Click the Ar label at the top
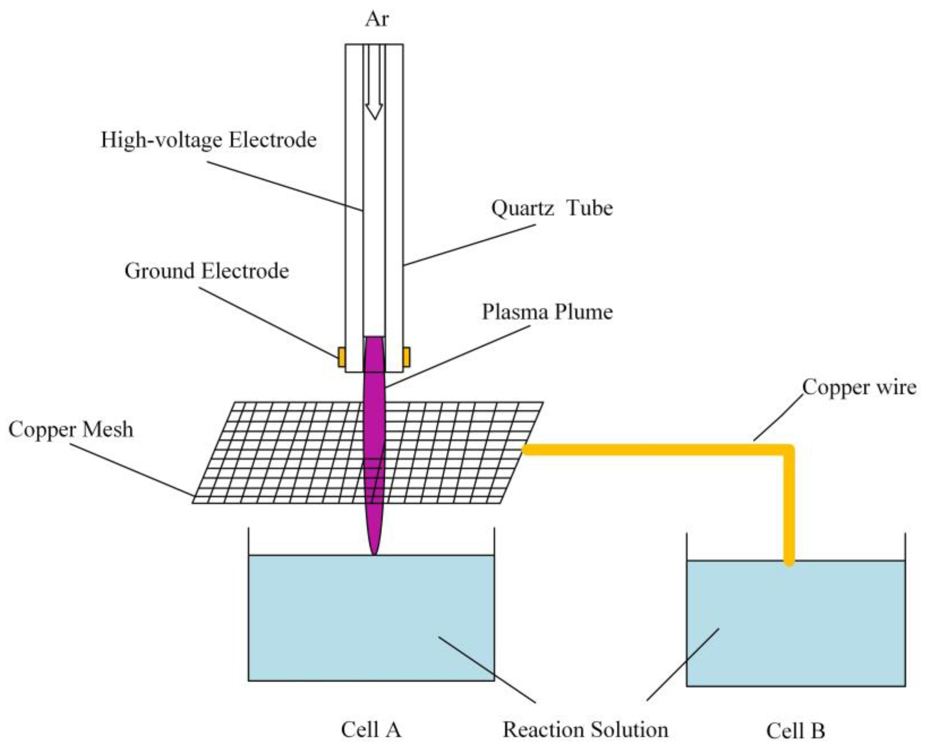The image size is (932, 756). (376, 19)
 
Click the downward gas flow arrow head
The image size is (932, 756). (374, 112)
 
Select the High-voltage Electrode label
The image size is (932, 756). (209, 140)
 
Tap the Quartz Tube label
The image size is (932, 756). (552, 208)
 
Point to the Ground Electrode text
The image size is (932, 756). (207, 271)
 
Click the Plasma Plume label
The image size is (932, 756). (547, 312)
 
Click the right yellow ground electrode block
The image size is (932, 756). (406, 357)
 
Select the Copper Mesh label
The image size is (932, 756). (71, 429)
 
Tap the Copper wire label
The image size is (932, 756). (859, 387)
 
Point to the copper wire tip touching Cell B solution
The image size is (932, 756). (789, 562)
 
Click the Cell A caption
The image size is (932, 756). (371, 730)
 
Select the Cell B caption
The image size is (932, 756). (795, 731)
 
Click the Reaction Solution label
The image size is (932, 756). (585, 730)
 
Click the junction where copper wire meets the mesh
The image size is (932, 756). (526, 450)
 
